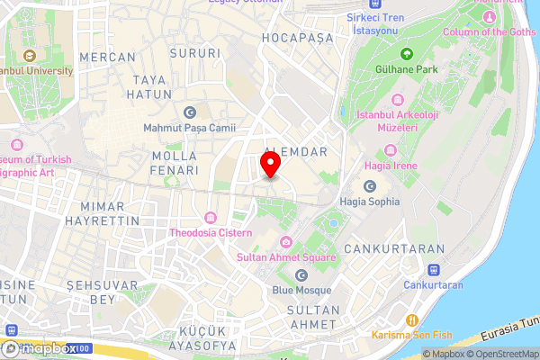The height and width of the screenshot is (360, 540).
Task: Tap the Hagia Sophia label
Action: tap(369, 202)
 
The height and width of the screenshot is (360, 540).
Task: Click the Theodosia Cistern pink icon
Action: tap(210, 218)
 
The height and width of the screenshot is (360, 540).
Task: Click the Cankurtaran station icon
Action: tap(433, 269)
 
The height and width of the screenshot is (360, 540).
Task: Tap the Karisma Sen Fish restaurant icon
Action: tap(411, 320)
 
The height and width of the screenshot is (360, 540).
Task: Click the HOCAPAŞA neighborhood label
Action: tap(297, 39)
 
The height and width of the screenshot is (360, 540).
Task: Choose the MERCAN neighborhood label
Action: tap(106, 57)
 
